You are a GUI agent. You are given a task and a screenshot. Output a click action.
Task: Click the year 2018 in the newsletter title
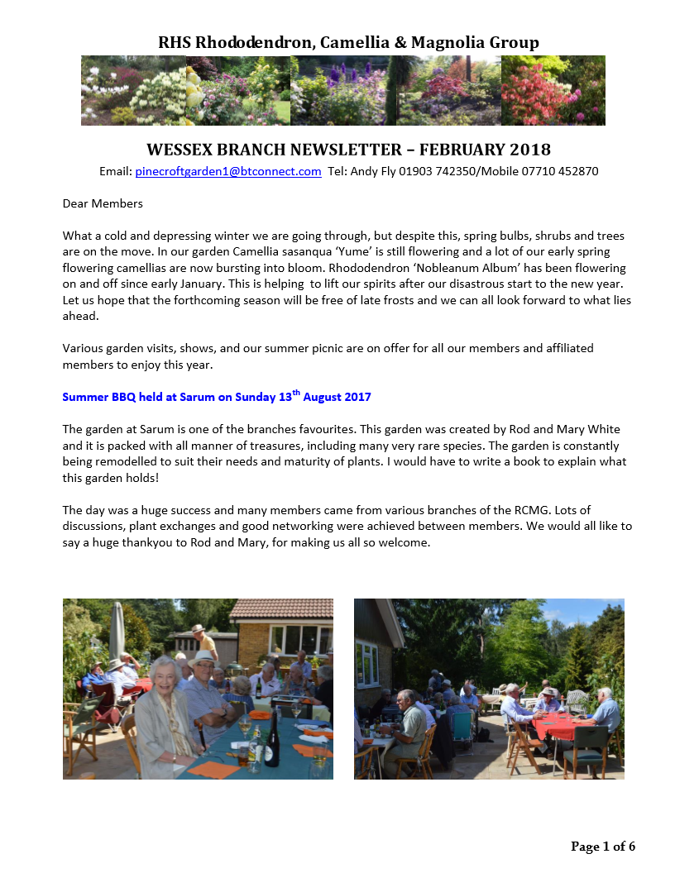pyautogui.click(x=518, y=150)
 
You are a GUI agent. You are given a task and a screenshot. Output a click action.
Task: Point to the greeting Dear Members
pyautogui.click(x=103, y=203)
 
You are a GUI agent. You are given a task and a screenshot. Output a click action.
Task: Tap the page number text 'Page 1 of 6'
pyautogui.click(x=603, y=846)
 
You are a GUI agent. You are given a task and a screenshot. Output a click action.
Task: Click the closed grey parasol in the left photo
pyautogui.click(x=117, y=632)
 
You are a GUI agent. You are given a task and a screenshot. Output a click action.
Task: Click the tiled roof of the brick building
pyautogui.click(x=281, y=609)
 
